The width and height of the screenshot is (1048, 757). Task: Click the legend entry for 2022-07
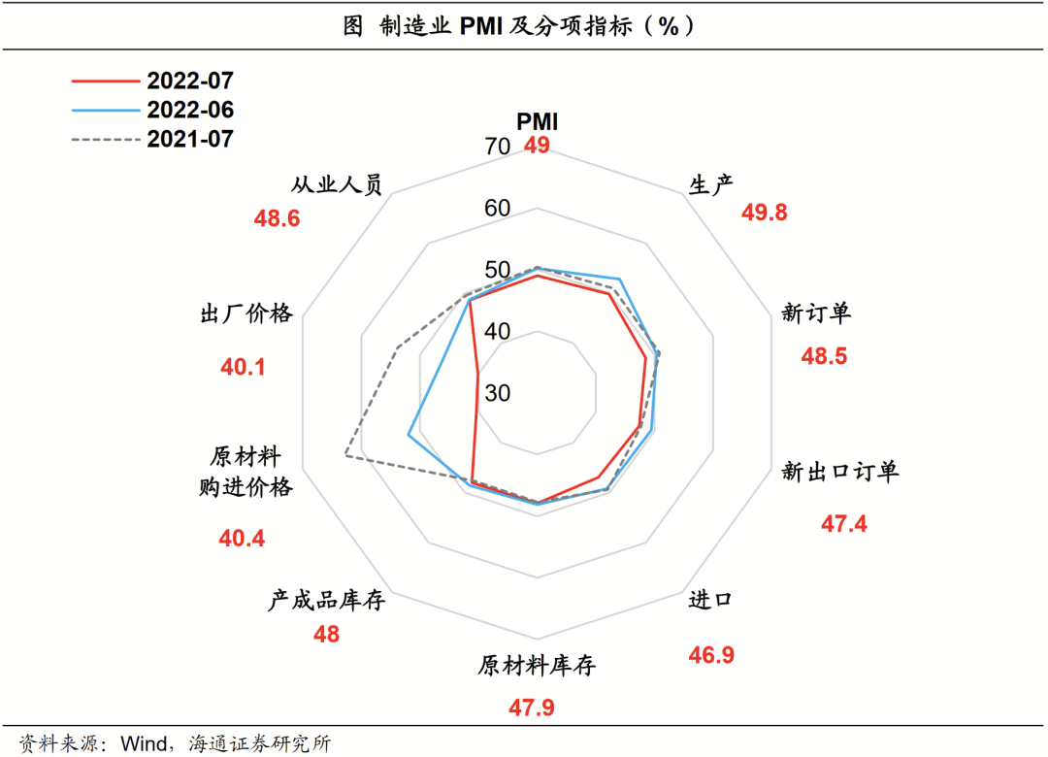click(190, 81)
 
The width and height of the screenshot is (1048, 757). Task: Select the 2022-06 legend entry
click(190, 110)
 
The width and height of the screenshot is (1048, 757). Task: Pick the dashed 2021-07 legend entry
click(190, 139)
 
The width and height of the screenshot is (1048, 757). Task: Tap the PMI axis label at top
click(537, 121)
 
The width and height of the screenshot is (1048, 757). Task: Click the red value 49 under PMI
click(537, 147)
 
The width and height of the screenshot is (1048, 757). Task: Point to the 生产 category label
click(710, 184)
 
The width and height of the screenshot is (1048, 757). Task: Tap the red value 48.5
click(824, 356)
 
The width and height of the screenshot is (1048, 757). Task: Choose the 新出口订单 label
click(840, 472)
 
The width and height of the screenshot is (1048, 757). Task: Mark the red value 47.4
click(844, 524)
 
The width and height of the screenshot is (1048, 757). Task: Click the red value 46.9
click(711, 655)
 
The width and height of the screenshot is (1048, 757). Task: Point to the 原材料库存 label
click(536, 667)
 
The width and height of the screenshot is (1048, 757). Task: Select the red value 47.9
click(531, 708)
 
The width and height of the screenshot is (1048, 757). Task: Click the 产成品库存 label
click(327, 601)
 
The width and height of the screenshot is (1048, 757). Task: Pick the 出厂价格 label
click(246, 313)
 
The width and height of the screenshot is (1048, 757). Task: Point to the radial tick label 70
click(496, 148)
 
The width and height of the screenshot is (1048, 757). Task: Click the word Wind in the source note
click(142, 744)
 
